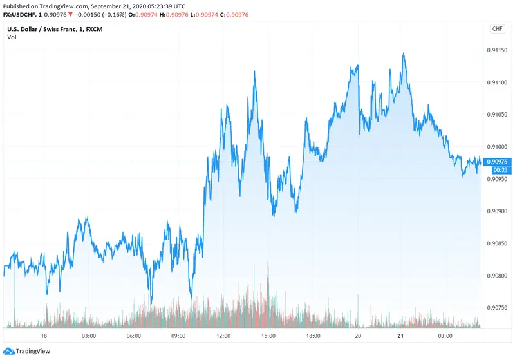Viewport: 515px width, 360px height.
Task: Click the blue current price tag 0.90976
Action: click(x=499, y=161)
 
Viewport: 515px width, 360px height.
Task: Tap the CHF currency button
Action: click(x=498, y=28)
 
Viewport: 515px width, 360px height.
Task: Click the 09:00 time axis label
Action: click(x=178, y=336)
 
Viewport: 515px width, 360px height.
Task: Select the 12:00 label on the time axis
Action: click(x=223, y=336)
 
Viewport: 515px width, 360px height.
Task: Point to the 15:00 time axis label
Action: click(x=268, y=336)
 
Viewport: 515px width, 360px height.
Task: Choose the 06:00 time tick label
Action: click(x=133, y=336)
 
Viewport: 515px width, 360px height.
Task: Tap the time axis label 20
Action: click(x=359, y=336)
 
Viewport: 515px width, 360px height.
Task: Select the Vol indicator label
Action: click(x=12, y=37)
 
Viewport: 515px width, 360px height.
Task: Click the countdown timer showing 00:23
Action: click(x=499, y=169)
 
